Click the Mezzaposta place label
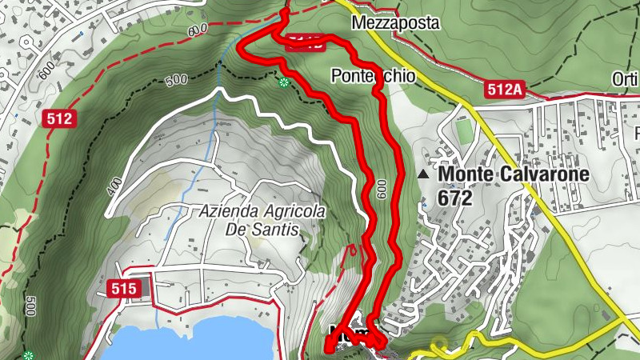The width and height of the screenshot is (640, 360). pyautogui.click(x=396, y=23)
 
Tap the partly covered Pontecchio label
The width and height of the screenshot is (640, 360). pyautogui.click(x=371, y=77)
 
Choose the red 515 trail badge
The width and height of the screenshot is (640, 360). pyautogui.click(x=123, y=287)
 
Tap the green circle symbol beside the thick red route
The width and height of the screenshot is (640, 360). pyautogui.click(x=283, y=82)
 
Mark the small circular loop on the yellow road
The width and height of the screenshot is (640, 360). pyautogui.click(x=438, y=346)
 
